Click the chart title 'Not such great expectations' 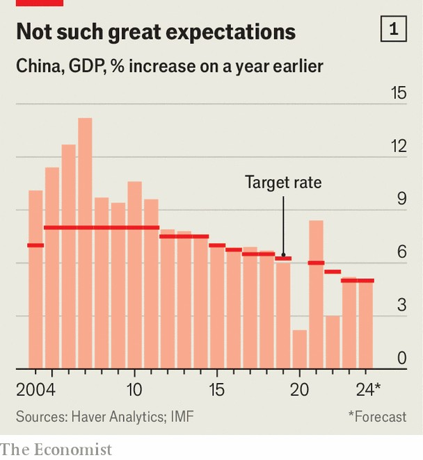tap(156, 31)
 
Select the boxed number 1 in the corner tap(394, 29)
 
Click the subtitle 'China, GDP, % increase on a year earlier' tap(169, 67)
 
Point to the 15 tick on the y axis tap(397, 93)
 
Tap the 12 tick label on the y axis tap(397, 147)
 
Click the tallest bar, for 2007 tap(85, 243)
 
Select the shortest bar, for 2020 tap(300, 349)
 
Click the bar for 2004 tap(35, 279)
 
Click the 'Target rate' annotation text tap(283, 183)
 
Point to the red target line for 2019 tap(283, 258)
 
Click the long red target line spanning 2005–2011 tap(102, 227)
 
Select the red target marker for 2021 tap(317, 263)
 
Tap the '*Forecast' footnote tap(377, 417)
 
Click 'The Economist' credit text tap(56, 450)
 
